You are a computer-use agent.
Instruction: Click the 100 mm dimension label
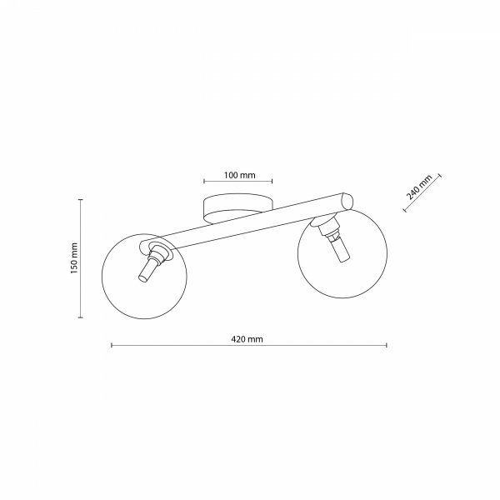click(x=238, y=176)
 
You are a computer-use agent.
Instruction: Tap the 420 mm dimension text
click(x=249, y=340)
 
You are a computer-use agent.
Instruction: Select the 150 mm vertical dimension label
click(x=73, y=258)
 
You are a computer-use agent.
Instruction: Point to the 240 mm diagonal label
click(x=420, y=191)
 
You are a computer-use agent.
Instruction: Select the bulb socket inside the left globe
click(x=148, y=268)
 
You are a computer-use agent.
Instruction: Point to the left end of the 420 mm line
click(x=112, y=346)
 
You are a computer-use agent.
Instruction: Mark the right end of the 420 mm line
click(x=387, y=346)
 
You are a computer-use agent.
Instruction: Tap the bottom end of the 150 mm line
click(x=80, y=317)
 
